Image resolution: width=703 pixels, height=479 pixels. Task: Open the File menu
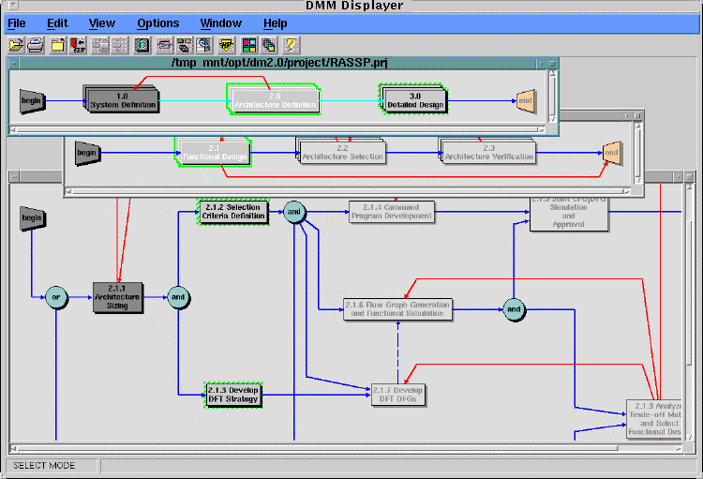pyautogui.click(x=17, y=23)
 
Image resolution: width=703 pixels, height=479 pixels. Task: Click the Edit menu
pyautogui.click(x=57, y=23)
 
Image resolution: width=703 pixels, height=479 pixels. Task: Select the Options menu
pyautogui.click(x=157, y=23)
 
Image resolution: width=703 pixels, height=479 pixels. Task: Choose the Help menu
pyautogui.click(x=276, y=23)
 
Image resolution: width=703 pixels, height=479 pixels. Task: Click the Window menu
pyautogui.click(x=220, y=23)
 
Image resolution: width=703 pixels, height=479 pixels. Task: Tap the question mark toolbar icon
pyautogui.click(x=292, y=44)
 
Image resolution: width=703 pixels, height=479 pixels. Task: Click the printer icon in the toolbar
pyautogui.click(x=37, y=44)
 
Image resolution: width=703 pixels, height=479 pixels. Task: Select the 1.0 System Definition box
pyautogui.click(x=123, y=100)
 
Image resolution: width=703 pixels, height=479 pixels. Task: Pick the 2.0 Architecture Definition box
pyautogui.click(x=274, y=100)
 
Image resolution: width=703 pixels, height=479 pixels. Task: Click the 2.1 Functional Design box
pyautogui.click(x=214, y=152)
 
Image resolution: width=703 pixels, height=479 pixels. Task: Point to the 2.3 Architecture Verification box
pyautogui.click(x=487, y=152)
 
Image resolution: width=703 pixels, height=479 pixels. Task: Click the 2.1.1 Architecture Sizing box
pyautogui.click(x=117, y=297)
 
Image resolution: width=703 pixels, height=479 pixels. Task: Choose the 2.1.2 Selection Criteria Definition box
pyautogui.click(x=232, y=212)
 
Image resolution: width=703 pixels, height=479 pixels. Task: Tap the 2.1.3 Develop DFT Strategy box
pyautogui.click(x=232, y=395)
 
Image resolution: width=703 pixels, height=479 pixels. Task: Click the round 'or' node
pyautogui.click(x=55, y=297)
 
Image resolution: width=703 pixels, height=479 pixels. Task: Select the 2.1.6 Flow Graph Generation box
pyautogui.click(x=396, y=309)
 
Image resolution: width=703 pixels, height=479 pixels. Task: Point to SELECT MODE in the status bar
pyautogui.click(x=44, y=466)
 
